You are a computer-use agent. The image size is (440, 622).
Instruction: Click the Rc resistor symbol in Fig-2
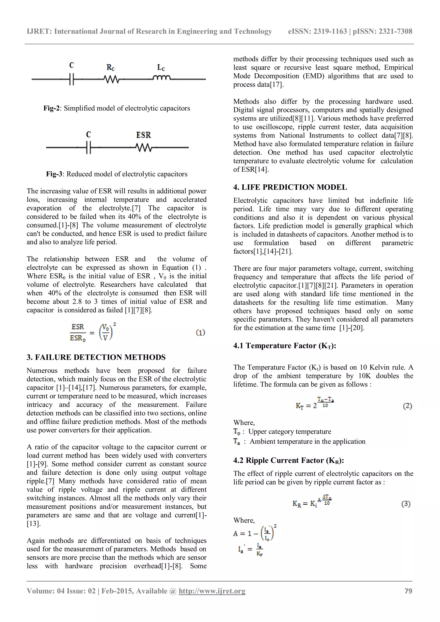pyautogui.click(x=111, y=79)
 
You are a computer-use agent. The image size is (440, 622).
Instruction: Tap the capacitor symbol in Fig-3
pyautogui.click(x=88, y=148)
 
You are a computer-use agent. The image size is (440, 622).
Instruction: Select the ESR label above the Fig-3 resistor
pyautogui.click(x=143, y=135)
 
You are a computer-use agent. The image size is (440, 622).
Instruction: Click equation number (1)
pyautogui.click(x=200, y=332)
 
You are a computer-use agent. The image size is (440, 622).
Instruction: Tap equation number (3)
pyautogui.click(x=406, y=504)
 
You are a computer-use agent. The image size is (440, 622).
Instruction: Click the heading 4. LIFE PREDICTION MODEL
pyautogui.click(x=290, y=187)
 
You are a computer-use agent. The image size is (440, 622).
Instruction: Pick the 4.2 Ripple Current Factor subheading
pyautogui.click(x=288, y=460)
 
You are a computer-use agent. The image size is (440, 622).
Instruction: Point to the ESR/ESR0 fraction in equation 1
pyautogui.click(x=78, y=332)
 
